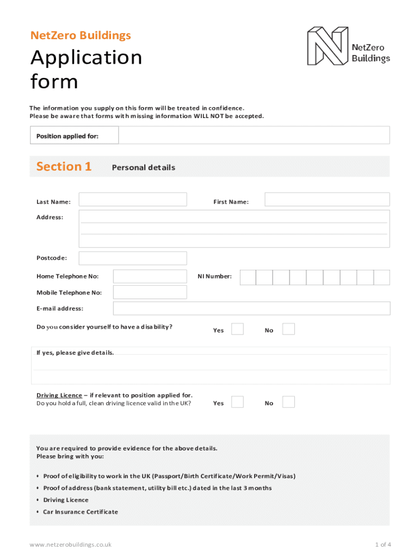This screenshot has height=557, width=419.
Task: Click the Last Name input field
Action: pos(133,200)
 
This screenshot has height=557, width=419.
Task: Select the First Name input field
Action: pos(327,200)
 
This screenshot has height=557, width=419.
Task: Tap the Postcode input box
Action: pos(133,258)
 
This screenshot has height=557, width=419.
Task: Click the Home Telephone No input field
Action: pos(150,276)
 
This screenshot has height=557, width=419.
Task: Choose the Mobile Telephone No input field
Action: pos(150,292)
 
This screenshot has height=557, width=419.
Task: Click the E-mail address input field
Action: pos(251,308)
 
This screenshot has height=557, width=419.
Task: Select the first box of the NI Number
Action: pos(248,277)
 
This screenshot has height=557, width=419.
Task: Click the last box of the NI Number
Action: pos(382,277)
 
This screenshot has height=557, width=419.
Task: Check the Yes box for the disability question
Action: pos(237,329)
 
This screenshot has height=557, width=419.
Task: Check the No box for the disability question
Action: pos(288,329)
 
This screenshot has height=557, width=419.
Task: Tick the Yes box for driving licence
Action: pos(237,402)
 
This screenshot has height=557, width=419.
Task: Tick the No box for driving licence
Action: pos(288,402)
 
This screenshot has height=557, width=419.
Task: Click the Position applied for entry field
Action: pos(254,135)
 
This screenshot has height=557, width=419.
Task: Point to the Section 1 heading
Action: pos(64,166)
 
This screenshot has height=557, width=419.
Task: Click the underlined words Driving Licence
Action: pos(59,395)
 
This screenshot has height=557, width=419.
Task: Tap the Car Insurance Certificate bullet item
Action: pos(81,512)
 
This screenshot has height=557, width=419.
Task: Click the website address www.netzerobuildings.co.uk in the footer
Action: pos(71,544)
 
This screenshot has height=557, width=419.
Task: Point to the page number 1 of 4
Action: pos(382,544)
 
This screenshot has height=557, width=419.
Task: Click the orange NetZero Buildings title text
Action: pos(81,36)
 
